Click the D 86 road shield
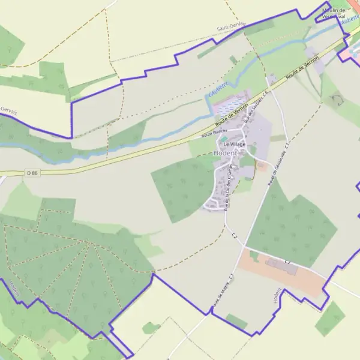click(32, 173)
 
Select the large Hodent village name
click(225, 154)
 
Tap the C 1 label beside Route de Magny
click(230, 277)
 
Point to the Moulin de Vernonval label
click(338, 13)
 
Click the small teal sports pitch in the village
click(224, 138)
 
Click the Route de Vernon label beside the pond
click(232, 113)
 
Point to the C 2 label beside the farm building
click(288, 262)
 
